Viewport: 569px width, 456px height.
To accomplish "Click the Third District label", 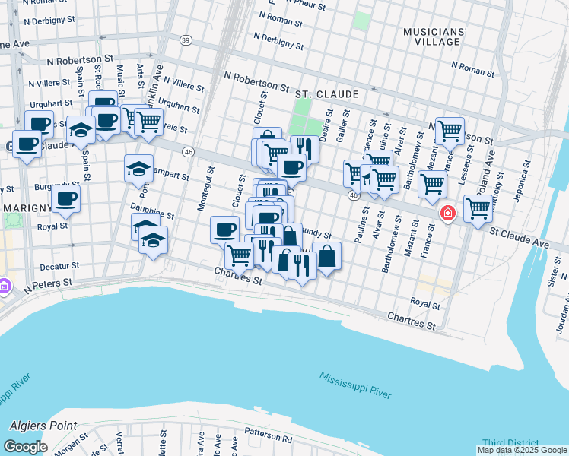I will point(510,444).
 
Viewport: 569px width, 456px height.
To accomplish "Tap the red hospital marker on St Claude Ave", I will point(448,213).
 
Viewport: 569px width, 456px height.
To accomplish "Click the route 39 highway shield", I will point(185,40).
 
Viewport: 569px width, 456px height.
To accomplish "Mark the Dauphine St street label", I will point(152,210).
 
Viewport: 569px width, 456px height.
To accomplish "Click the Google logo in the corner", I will point(25,447).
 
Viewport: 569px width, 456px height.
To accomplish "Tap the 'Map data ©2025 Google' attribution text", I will point(522,450).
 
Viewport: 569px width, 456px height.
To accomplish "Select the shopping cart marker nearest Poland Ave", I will point(478,207).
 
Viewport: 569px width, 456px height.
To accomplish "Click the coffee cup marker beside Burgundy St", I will point(66,199).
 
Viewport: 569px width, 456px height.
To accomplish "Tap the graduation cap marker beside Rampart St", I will point(138,168).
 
